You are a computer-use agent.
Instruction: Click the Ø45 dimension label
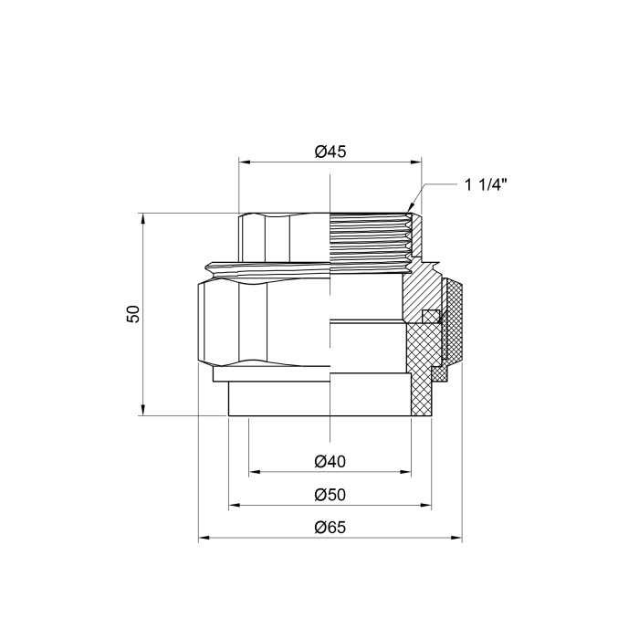pyautogui.click(x=330, y=152)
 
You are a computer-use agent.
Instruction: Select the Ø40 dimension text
pyautogui.click(x=330, y=462)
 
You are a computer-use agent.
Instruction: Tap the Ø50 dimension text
pyautogui.click(x=330, y=495)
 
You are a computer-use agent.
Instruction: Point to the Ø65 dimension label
pyautogui.click(x=330, y=528)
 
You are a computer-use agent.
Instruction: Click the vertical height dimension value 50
pyautogui.click(x=133, y=314)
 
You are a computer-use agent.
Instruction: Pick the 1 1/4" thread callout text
pyautogui.click(x=487, y=185)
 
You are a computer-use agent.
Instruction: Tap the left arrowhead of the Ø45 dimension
pyautogui.click(x=244, y=162)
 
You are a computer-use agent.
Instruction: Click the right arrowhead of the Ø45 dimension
pyautogui.click(x=416, y=162)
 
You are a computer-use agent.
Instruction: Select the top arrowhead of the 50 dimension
pyautogui.click(x=143, y=218)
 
